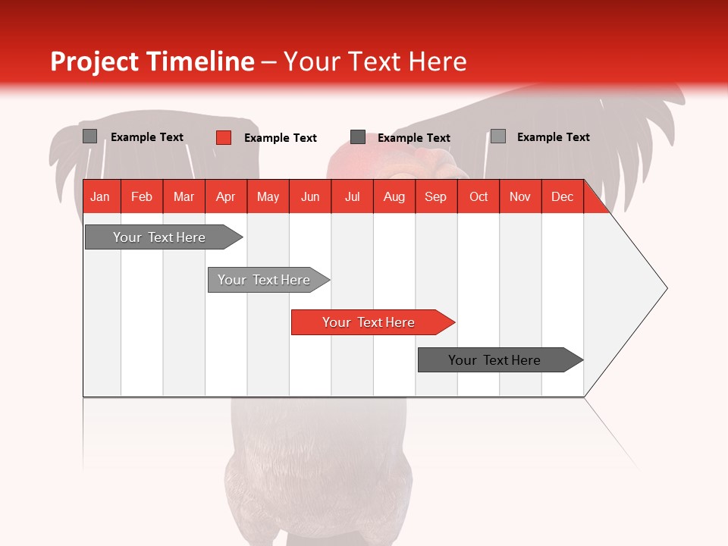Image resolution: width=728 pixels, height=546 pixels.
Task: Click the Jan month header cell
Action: pyautogui.click(x=101, y=196)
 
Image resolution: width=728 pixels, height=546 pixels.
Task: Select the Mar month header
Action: pyautogui.click(x=184, y=196)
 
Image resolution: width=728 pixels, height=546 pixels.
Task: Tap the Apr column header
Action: pyautogui.click(x=226, y=196)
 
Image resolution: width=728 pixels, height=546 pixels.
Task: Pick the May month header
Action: pyautogui.click(x=268, y=196)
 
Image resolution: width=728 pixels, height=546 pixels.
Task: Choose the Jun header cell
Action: pyautogui.click(x=310, y=196)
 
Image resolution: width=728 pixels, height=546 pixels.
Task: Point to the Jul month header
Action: pyautogui.click(x=352, y=196)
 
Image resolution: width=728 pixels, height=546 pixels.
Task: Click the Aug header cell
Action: pyautogui.click(x=394, y=196)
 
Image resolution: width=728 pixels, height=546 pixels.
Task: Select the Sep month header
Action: pyautogui.click(x=436, y=196)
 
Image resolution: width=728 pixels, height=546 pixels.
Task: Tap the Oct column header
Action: pyautogui.click(x=479, y=196)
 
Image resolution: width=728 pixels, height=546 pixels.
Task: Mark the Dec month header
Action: pyautogui.click(x=562, y=196)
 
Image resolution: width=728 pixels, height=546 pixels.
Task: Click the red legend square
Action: pyautogui.click(x=224, y=137)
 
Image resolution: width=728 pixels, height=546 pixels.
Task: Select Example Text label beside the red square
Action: pyautogui.click(x=281, y=138)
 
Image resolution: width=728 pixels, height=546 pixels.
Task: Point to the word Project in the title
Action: pyautogui.click(x=95, y=61)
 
